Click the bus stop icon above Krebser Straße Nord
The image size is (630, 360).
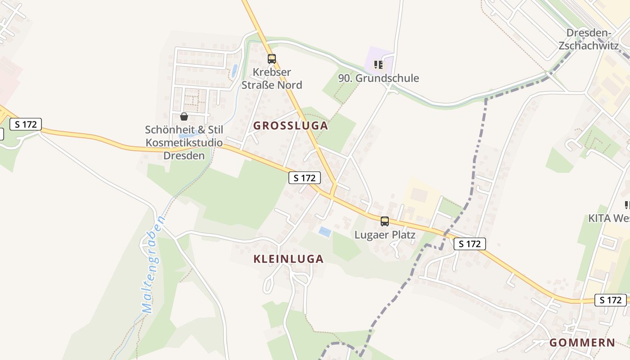(271, 58)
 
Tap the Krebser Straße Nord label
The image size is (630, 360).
(272, 79)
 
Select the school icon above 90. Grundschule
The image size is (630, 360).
(378, 65)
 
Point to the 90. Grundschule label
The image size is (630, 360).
(378, 78)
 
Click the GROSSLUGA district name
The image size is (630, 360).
(290, 126)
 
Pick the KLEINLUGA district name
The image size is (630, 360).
(288, 259)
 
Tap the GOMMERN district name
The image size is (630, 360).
(582, 343)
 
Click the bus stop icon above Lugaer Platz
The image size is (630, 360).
(384, 221)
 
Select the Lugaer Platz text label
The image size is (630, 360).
(384, 235)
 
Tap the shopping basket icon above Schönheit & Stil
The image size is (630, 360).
(184, 117)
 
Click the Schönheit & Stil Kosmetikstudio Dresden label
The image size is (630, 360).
(184, 143)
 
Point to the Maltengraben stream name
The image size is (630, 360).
(153, 264)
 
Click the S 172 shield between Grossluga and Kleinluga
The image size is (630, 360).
(305, 178)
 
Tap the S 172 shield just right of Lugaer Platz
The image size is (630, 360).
(470, 244)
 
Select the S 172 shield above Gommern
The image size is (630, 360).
(610, 300)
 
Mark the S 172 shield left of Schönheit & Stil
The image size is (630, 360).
(26, 124)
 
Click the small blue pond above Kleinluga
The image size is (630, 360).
(325, 232)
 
